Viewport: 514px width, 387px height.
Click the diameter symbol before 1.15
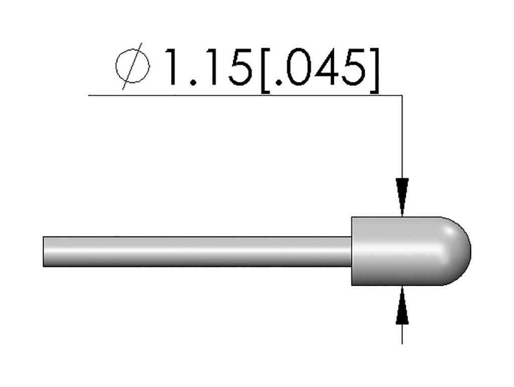133,66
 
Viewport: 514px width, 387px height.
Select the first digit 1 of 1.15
176,67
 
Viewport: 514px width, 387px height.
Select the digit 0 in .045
298,67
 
